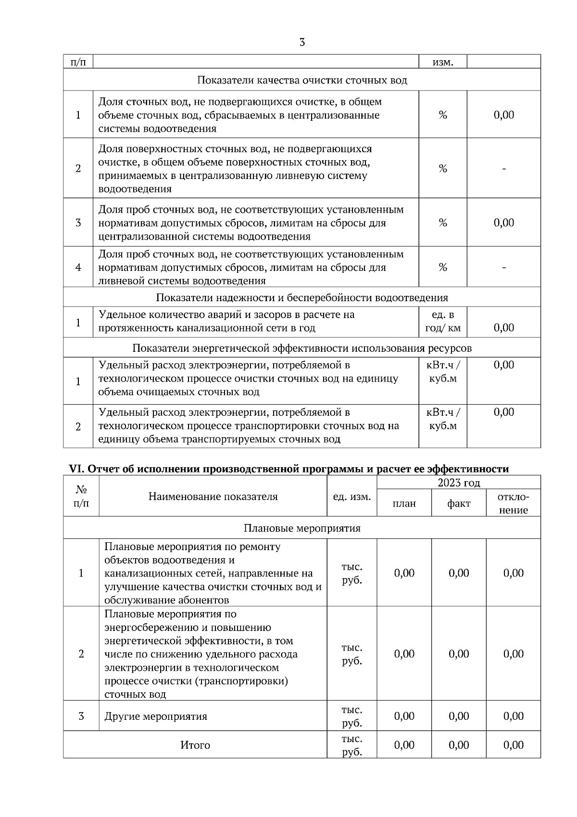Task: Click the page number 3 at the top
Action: pos(301,42)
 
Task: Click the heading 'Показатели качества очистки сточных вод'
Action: pos(302,80)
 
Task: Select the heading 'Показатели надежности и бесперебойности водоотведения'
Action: pos(302,298)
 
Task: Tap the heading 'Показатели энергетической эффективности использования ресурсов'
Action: pos(302,348)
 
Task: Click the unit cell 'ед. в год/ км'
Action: pos(443,322)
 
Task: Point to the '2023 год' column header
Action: pos(459,483)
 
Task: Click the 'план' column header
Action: pos(404,503)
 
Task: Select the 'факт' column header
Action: pos(459,503)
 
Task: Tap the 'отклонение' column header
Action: pos(514,503)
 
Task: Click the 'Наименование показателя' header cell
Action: pos(213,497)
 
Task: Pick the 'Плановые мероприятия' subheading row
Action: pos(302,528)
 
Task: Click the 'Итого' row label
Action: pos(195,745)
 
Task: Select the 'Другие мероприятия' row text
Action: pos(156,716)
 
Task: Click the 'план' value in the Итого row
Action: pos(404,745)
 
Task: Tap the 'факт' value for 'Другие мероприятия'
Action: pos(459,716)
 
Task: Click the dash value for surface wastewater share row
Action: pos(504,168)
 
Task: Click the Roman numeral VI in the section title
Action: pos(76,469)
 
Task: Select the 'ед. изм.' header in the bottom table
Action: pos(352,497)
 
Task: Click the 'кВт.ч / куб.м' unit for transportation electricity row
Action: pos(443,419)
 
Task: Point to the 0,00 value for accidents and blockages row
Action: pos(504,328)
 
